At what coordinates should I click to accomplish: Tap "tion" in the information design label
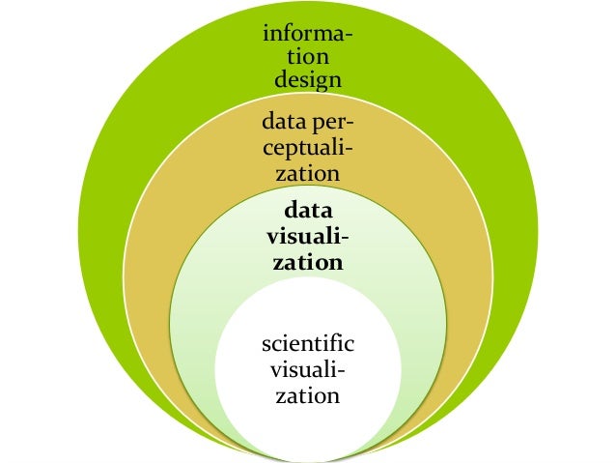(307, 57)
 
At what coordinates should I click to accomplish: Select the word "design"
(307, 79)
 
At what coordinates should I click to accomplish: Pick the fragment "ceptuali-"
(307, 149)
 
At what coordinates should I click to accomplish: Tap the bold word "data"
(306, 212)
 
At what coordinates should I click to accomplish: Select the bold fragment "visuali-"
(307, 237)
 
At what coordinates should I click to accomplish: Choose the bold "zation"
(307, 261)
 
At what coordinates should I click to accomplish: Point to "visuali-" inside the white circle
(308, 370)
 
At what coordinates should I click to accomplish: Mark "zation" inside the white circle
(308, 394)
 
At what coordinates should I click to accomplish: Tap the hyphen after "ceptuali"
(349, 150)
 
